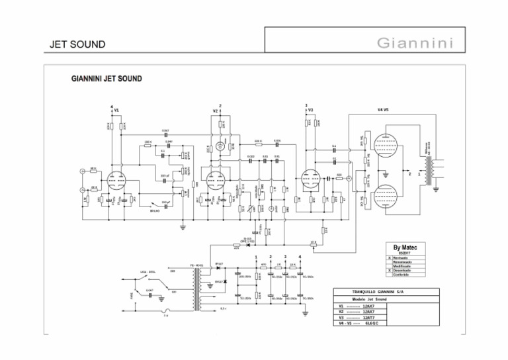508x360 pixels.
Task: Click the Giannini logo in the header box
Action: (415, 44)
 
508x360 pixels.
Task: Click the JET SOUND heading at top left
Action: (77, 45)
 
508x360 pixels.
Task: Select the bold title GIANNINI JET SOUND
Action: (106, 79)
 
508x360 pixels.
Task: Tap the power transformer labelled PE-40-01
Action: (196, 290)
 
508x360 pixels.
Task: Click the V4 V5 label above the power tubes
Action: (383, 109)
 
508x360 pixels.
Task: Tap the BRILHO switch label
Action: (156, 210)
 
